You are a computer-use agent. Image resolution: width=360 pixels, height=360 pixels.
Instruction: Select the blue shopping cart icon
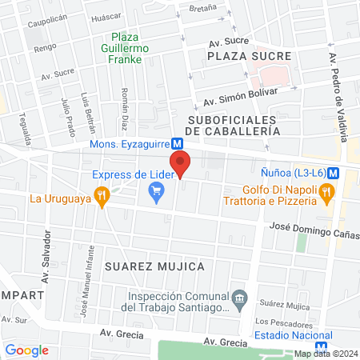[156, 190]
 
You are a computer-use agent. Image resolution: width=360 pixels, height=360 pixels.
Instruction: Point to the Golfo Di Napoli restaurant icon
[326, 192]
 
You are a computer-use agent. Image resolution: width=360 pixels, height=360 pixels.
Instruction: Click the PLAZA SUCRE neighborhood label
[242, 58]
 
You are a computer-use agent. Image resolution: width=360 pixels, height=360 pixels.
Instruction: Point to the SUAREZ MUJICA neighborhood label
[153, 266]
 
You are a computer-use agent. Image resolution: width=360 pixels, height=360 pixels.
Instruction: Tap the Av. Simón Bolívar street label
[240, 96]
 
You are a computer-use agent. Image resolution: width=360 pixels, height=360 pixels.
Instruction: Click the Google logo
[26, 350]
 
